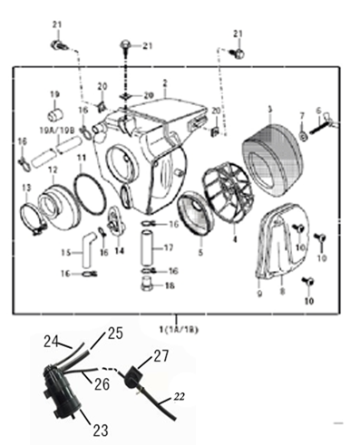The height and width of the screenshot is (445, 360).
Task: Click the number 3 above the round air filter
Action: pos(269,110)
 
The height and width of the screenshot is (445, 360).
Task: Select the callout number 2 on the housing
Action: pos(164,82)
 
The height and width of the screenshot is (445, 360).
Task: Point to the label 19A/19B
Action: pos(52,131)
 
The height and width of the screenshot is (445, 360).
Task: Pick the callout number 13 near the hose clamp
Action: pos(24,188)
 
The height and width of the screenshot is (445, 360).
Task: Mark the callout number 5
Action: pos(201,242)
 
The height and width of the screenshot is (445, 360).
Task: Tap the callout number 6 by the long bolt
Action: pos(318,110)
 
